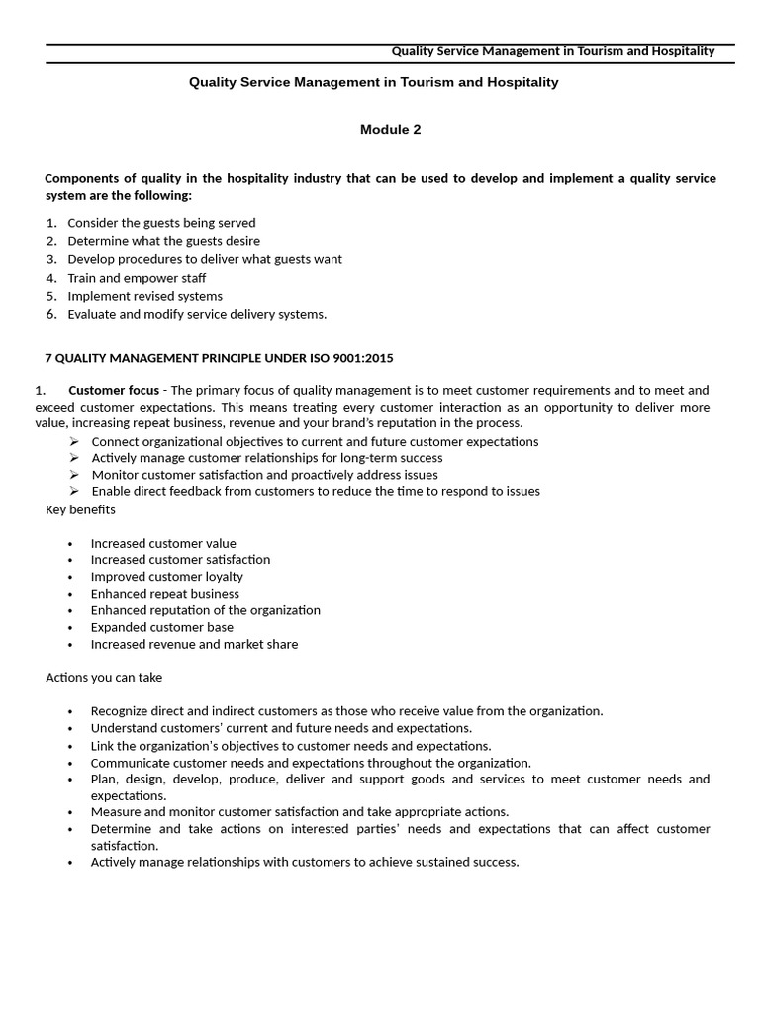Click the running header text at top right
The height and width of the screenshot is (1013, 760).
552,51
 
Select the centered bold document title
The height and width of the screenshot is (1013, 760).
373,82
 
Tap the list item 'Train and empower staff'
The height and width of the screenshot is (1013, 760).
137,278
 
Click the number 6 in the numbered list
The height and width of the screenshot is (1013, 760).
50,314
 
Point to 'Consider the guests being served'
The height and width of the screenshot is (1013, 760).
161,223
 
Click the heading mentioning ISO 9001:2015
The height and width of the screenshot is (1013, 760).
220,357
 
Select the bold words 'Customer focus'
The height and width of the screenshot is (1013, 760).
114,390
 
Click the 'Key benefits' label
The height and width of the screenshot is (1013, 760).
80,509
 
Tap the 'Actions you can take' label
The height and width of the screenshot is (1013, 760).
104,678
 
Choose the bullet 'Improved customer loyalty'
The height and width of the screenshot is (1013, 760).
166,577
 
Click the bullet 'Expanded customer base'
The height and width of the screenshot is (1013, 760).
162,627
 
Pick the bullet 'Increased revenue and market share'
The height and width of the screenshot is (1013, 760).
194,644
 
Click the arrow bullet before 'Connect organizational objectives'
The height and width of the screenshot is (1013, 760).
75,442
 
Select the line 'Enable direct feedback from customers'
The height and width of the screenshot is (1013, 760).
315,491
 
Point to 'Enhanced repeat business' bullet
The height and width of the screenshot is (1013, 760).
164,594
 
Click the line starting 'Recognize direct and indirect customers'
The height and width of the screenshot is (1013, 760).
346,711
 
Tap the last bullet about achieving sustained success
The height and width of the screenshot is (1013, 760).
304,862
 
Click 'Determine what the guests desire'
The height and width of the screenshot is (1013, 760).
163,241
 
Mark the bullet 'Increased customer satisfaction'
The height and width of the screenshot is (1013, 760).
180,560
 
